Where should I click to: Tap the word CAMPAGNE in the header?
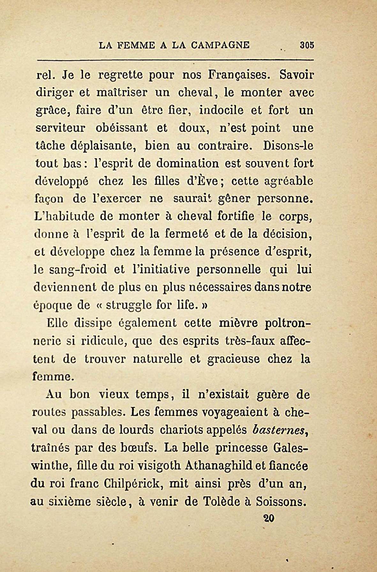click(220, 45)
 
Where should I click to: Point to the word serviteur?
click(60, 128)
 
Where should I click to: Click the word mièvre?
click(238, 323)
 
